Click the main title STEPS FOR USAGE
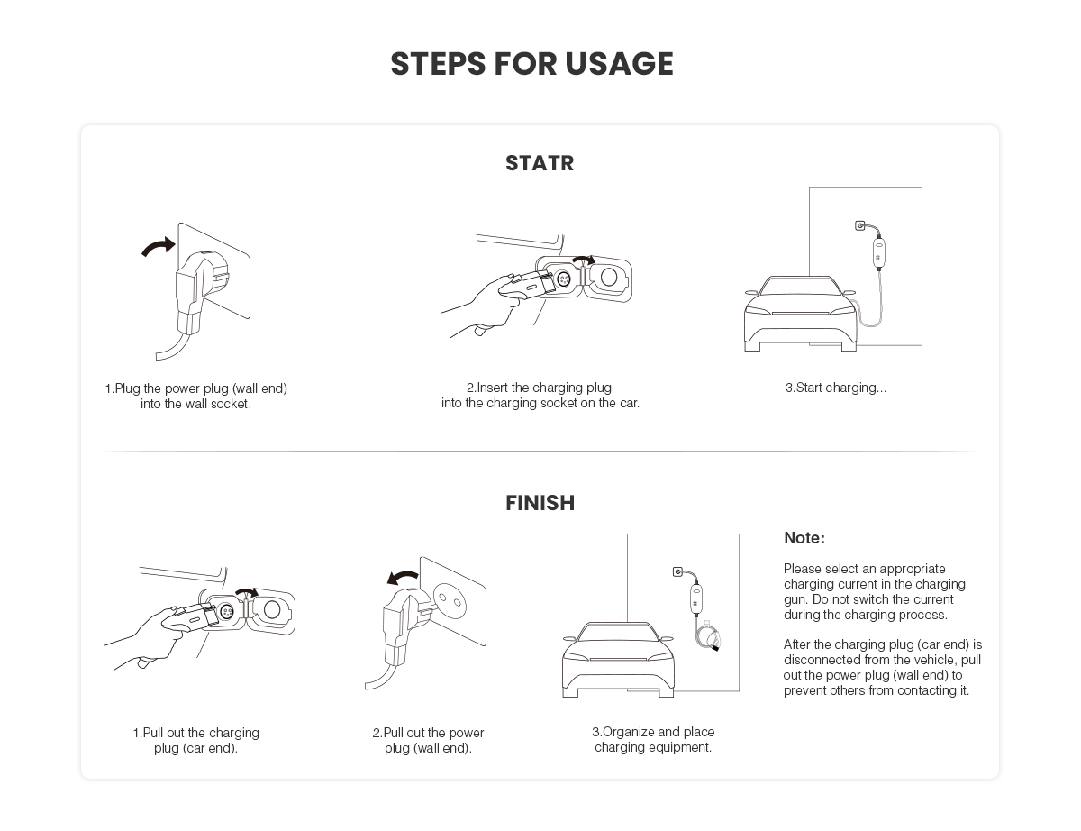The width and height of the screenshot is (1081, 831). (x=531, y=64)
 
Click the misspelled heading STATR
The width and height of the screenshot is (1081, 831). (x=540, y=163)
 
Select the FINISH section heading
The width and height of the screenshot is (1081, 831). (x=540, y=503)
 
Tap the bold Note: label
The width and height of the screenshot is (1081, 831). (x=804, y=538)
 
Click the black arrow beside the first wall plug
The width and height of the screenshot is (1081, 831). (x=159, y=247)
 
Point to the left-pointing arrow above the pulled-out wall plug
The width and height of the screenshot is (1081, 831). (x=403, y=577)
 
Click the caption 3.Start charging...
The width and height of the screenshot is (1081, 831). (x=836, y=388)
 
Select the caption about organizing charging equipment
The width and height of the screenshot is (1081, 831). (x=653, y=739)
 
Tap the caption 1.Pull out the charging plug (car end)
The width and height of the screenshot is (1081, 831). (x=196, y=741)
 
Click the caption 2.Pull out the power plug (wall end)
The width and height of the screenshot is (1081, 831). (x=428, y=741)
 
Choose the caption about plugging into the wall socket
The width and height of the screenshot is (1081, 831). (x=196, y=396)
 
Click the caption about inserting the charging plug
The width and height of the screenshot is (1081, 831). (x=540, y=395)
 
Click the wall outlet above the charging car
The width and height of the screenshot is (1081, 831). (x=859, y=226)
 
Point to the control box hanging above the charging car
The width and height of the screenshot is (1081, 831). (x=879, y=253)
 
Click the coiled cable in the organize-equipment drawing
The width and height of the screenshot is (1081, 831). (x=708, y=635)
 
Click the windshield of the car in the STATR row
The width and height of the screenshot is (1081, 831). (x=801, y=286)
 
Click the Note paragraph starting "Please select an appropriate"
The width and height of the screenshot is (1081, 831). (x=875, y=591)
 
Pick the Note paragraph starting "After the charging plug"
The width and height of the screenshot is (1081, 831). (x=883, y=667)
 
